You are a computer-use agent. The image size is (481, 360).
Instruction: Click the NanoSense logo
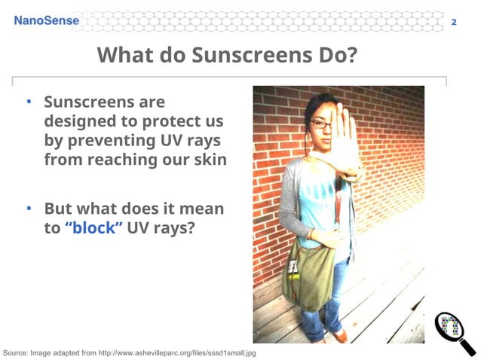(46, 20)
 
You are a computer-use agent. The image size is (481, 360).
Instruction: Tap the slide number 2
(453, 22)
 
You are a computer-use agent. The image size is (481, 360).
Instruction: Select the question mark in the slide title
(350, 56)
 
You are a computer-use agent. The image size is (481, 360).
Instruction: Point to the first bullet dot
(27, 102)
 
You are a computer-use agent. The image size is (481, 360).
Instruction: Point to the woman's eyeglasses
(322, 124)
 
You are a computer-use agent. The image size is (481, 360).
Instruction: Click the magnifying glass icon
(455, 330)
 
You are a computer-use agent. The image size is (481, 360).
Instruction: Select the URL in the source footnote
(182, 352)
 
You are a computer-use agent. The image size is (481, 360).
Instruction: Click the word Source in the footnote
(17, 352)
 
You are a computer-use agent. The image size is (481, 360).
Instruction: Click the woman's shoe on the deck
(339, 336)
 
